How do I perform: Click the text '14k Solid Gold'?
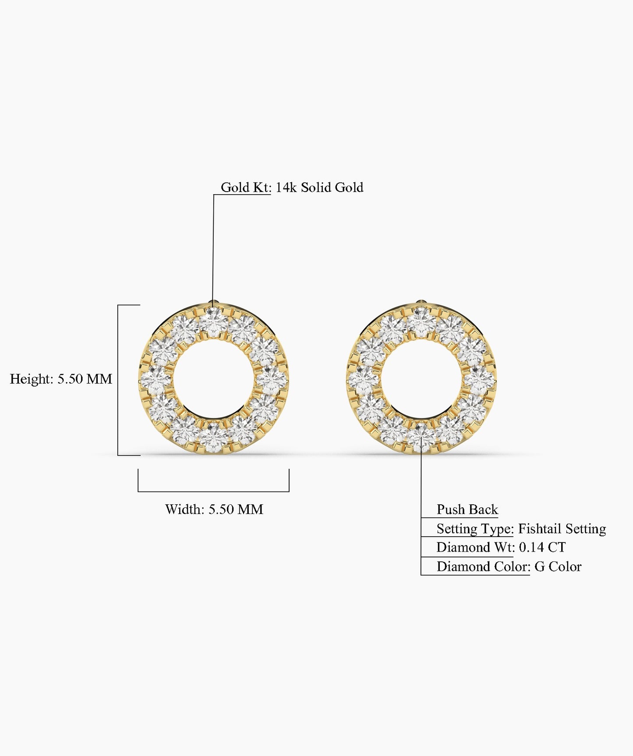[319, 187]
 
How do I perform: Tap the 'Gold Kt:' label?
[246, 187]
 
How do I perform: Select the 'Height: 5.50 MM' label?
[61, 379]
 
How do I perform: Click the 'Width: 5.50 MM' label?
[214, 509]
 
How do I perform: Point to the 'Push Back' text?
[467, 509]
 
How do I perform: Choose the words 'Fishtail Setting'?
[562, 528]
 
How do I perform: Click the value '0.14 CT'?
[542, 547]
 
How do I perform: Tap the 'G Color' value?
[558, 567]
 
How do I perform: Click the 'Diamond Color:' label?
[483, 567]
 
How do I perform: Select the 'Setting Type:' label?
[475, 528]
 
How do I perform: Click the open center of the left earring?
[213, 379]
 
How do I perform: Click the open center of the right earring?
[421, 379]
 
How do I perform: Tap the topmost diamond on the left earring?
[214, 322]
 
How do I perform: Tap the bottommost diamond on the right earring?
[421, 438]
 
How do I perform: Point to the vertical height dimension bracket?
[118, 380]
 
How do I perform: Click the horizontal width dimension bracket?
[213, 491]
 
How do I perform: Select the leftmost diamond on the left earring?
[156, 380]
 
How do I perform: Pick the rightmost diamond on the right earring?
[479, 380]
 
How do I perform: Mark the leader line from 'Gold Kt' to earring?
[213, 246]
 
